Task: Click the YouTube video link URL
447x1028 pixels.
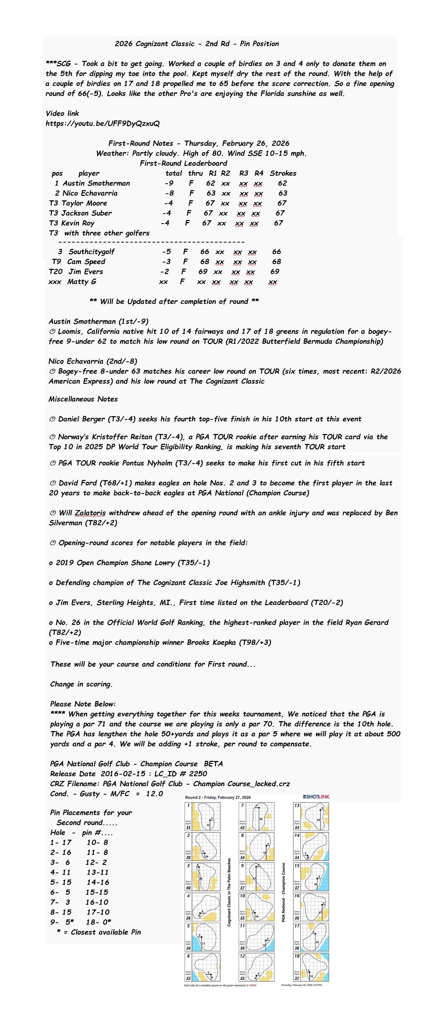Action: coord(103,123)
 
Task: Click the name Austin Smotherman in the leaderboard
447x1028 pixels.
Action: coord(96,183)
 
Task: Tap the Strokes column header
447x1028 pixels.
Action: coord(283,173)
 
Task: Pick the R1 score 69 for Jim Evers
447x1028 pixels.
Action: coord(203,272)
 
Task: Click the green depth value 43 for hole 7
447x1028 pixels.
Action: coord(242,827)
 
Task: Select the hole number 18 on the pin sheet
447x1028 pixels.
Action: coord(297,956)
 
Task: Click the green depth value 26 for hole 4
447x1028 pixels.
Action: coord(188,918)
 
